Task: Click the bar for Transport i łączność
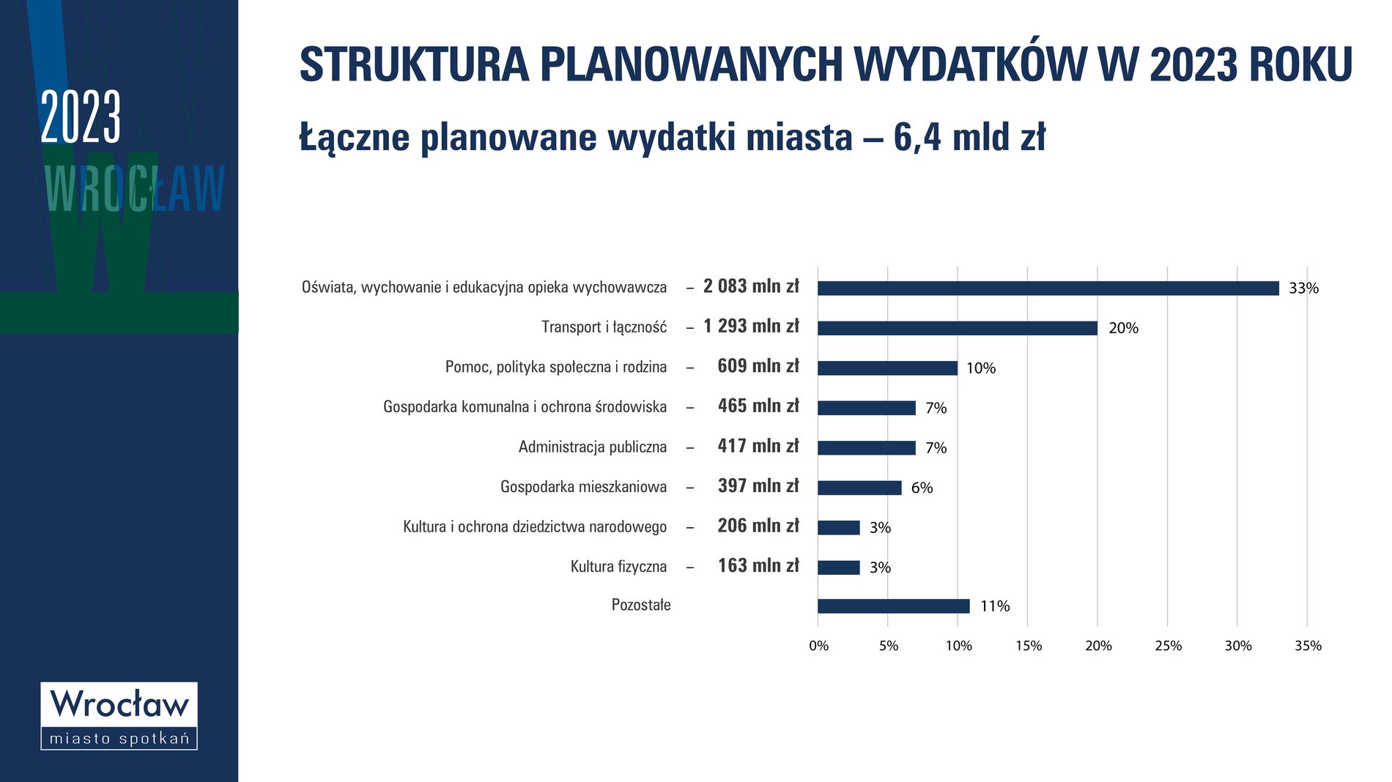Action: coord(958,328)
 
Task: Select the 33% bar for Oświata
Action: coord(1048,288)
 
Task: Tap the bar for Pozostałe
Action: coord(894,606)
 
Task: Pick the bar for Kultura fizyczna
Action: coord(839,567)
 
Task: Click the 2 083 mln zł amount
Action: coord(751,286)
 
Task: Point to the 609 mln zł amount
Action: coord(758,366)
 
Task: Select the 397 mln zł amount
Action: coord(758,486)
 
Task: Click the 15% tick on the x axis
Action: coord(1029,646)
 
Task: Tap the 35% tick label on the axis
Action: coord(1308,646)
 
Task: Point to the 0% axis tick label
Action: coord(818,646)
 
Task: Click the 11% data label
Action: coord(995,606)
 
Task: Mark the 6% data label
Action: coord(922,488)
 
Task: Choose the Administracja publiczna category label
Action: coord(593,447)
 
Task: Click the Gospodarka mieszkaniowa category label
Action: coord(584,487)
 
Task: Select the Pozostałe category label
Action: coord(641,606)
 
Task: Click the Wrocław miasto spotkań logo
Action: coord(119,716)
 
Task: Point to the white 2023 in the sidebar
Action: coord(81,117)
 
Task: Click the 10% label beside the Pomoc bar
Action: coord(981,368)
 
